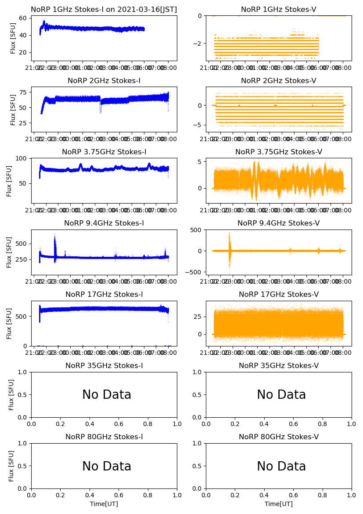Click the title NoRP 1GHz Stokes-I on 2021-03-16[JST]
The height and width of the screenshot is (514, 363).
coord(104,9)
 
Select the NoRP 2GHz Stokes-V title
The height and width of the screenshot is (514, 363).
coord(279,80)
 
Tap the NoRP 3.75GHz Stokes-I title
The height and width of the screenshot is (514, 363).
coord(104,152)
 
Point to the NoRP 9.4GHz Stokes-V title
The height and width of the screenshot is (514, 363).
coord(279,223)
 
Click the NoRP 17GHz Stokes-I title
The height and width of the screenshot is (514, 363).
coord(104,294)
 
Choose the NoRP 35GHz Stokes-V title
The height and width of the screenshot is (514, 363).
coord(279,365)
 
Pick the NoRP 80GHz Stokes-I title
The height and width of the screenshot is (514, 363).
coord(104,437)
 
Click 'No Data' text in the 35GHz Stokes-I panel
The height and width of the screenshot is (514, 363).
coord(107,395)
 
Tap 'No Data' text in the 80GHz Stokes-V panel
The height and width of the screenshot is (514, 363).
coord(281,466)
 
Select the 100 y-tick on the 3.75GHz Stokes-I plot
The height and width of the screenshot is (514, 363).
coord(21,158)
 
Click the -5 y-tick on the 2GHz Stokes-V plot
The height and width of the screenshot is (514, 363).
coord(198,125)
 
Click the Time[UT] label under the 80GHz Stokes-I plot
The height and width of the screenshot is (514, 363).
coord(104,504)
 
